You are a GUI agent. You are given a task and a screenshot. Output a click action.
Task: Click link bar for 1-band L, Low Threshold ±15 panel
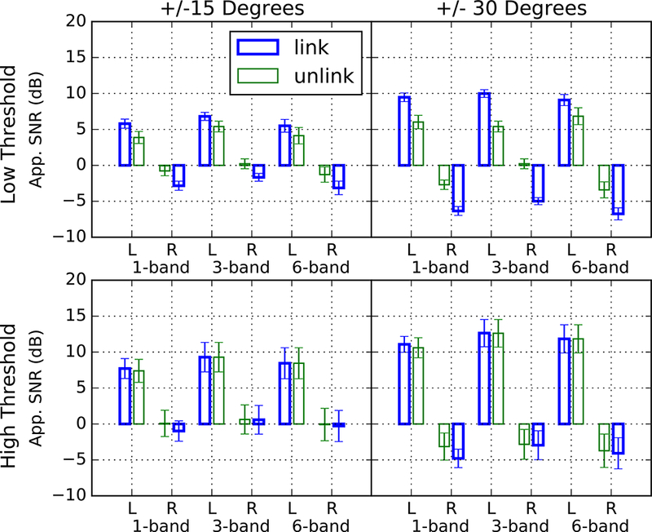pyautogui.click(x=125, y=144)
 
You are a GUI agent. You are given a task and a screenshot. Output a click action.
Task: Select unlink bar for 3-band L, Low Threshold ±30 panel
pyautogui.click(x=498, y=145)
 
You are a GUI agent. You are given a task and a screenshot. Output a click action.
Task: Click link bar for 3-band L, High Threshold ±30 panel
pyautogui.click(x=485, y=379)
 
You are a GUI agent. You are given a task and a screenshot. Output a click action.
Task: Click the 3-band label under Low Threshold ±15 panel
pyautogui.click(x=231, y=267)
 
